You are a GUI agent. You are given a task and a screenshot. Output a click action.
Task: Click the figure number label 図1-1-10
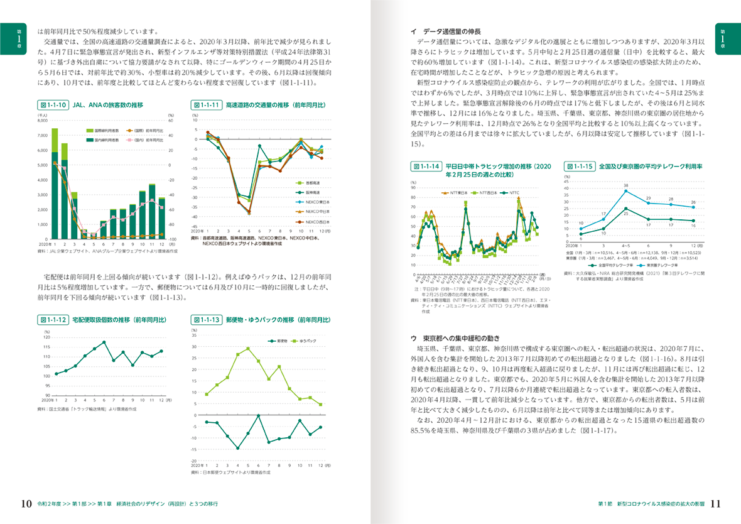tap(53, 105)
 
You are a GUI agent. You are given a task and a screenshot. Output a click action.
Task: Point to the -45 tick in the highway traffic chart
tap(195, 226)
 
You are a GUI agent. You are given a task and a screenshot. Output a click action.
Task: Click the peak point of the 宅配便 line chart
tap(104, 342)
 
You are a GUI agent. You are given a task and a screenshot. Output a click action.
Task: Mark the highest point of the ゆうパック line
tap(248, 348)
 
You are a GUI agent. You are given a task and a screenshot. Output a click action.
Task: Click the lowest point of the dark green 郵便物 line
tap(238, 448)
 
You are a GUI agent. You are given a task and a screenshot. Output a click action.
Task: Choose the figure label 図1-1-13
tap(207, 320)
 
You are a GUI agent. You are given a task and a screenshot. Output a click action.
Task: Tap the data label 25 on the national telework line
tap(625, 214)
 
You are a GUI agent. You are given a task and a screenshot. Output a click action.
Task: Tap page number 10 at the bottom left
tap(26, 504)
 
